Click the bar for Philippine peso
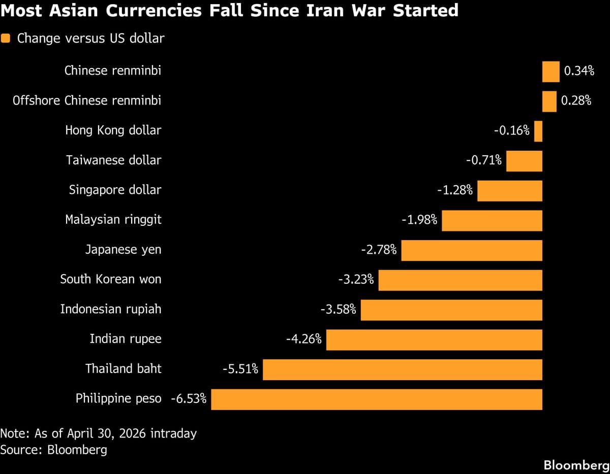pyautogui.click(x=376, y=399)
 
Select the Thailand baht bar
pyautogui.click(x=402, y=369)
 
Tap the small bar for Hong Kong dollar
pyautogui.click(x=538, y=131)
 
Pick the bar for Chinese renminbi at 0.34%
pyautogui.click(x=551, y=72)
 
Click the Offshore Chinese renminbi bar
pyautogui.click(x=550, y=101)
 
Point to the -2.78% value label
pyautogui.click(x=379, y=250)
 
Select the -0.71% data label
pyautogui.click(x=484, y=161)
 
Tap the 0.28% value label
pyautogui.click(x=576, y=101)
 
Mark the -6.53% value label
pyautogui.click(x=189, y=399)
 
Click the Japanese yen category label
pyautogui.click(x=123, y=250)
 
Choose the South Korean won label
pyautogui.click(x=110, y=280)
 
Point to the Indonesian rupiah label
pyautogui.click(x=110, y=309)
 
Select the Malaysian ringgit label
pyautogui.click(x=113, y=220)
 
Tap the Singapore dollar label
pyautogui.click(x=115, y=190)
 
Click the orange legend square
pyautogui.click(x=6, y=39)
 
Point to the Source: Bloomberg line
pyautogui.click(x=53, y=450)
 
